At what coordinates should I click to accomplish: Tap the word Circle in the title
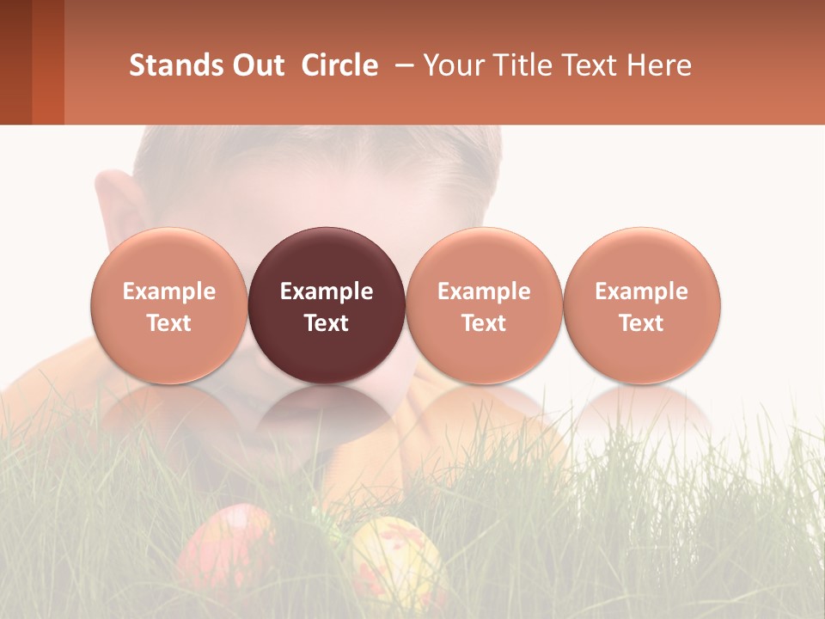point(339,65)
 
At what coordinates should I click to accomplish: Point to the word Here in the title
point(661,65)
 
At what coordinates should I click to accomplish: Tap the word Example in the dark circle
point(327,291)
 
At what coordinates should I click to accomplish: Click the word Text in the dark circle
point(327,323)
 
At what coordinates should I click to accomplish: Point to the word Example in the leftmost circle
point(169,291)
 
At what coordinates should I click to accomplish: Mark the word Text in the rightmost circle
point(642,323)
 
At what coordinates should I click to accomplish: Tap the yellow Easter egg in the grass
point(397,559)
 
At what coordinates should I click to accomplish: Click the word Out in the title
point(257,65)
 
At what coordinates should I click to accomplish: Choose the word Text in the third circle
point(484,323)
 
